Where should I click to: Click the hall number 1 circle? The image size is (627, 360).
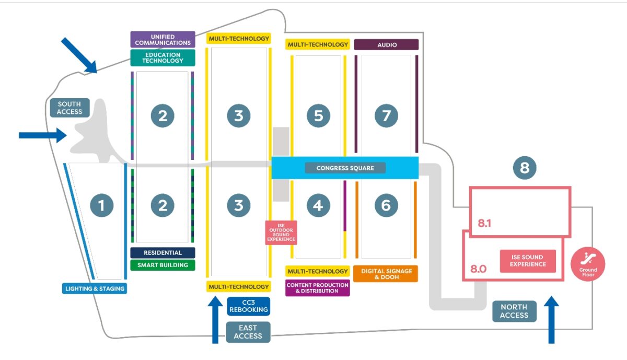click(x=101, y=205)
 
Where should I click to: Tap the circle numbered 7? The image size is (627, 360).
click(x=386, y=115)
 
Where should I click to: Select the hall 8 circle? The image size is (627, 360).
click(x=525, y=168)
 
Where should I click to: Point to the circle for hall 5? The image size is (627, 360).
click(x=318, y=115)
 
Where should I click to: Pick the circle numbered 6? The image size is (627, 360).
click(x=386, y=205)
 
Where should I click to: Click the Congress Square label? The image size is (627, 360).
click(x=345, y=168)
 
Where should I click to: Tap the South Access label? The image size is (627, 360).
click(x=70, y=108)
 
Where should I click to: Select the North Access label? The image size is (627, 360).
click(x=514, y=311)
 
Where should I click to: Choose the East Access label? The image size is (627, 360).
click(x=248, y=332)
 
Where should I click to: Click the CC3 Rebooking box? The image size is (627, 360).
click(x=249, y=306)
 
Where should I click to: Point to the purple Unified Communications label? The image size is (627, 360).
click(x=162, y=40)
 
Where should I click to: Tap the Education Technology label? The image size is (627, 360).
click(x=162, y=57)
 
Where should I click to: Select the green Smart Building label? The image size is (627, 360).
click(x=162, y=265)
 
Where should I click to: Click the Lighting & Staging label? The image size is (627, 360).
click(x=94, y=288)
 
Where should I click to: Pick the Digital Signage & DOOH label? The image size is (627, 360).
click(x=386, y=274)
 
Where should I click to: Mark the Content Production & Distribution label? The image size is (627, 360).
click(x=318, y=288)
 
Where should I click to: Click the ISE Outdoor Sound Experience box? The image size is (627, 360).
click(x=281, y=232)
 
